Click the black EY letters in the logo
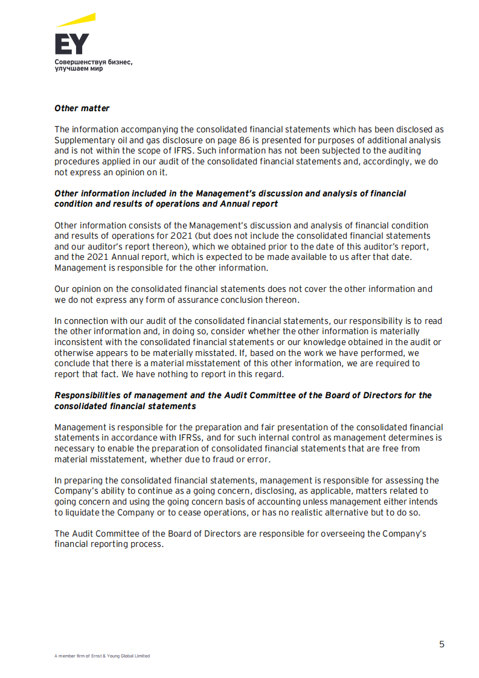71,44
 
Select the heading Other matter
82,108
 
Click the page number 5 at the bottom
442,644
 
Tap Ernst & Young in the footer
105,656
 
